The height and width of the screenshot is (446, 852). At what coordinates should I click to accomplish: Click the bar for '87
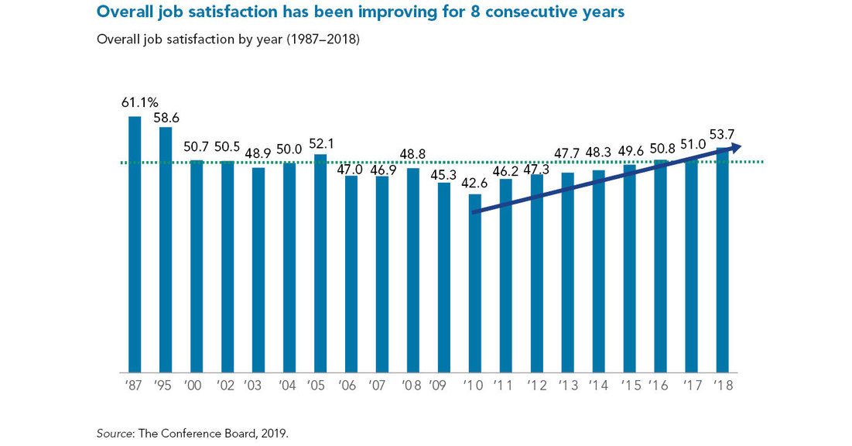(135, 244)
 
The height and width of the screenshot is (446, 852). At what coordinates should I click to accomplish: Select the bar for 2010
(475, 283)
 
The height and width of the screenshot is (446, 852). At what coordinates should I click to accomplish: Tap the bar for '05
(320, 263)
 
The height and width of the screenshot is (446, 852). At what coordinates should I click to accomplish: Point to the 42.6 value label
(475, 183)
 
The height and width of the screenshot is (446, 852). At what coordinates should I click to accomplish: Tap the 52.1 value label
(320, 144)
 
